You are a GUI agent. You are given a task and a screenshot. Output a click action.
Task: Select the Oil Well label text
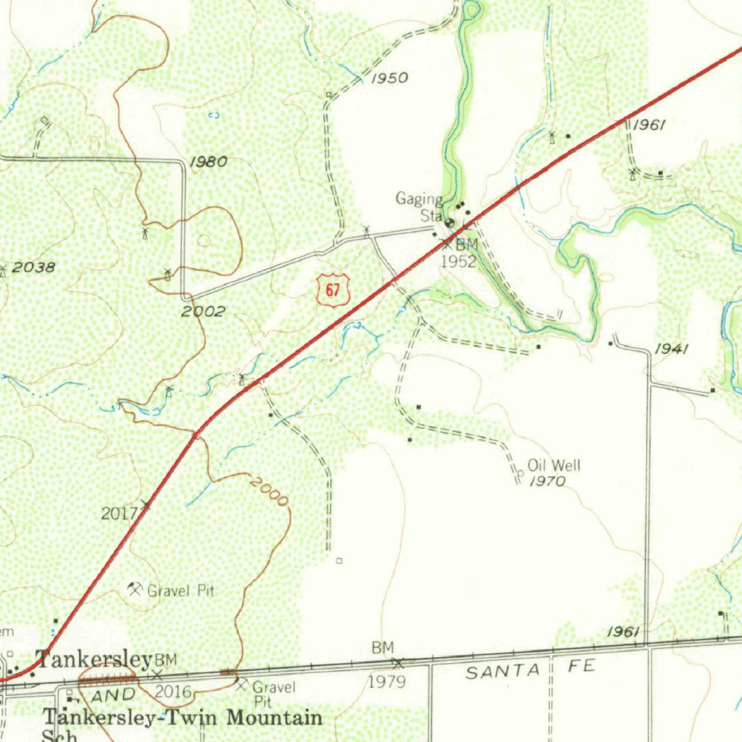click(554, 465)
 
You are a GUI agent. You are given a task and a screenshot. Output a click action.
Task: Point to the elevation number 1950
click(390, 78)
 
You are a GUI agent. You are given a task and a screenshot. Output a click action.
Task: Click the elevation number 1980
click(208, 162)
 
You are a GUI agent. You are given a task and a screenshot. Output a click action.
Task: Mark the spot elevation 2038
click(33, 267)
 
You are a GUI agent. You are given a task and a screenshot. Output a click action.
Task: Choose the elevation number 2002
click(203, 312)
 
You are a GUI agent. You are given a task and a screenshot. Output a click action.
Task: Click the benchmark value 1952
click(459, 262)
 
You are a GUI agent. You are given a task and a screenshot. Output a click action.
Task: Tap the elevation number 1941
click(671, 350)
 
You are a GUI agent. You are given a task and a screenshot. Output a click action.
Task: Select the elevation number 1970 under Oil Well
click(547, 481)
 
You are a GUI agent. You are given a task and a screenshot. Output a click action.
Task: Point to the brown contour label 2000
click(268, 491)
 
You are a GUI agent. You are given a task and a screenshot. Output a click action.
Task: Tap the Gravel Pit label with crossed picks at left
click(181, 591)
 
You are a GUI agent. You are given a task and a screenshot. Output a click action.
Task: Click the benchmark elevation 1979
click(387, 682)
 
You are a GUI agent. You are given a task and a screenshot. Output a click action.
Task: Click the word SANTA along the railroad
click(503, 672)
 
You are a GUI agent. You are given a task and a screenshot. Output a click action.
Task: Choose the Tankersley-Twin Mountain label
click(183, 718)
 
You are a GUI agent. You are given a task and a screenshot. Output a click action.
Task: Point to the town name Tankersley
click(94, 659)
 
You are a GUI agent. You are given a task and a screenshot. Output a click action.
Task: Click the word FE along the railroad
click(580, 667)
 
